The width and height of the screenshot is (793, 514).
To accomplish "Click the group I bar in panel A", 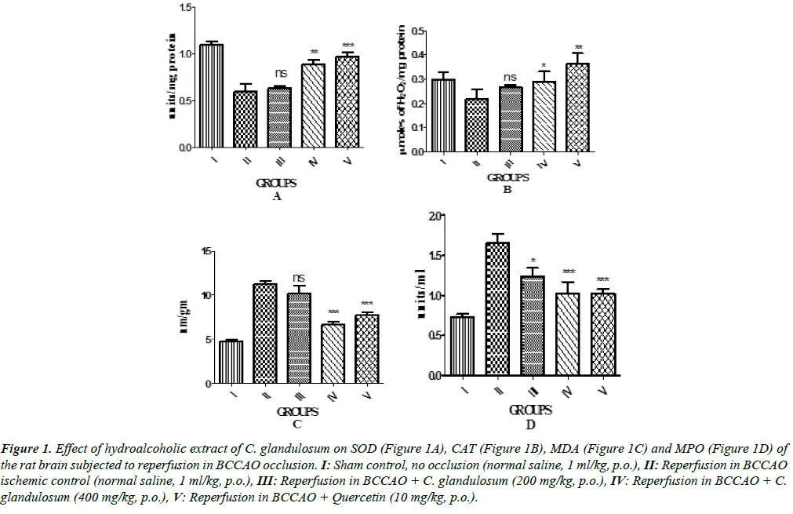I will pyautogui.click(x=211, y=96).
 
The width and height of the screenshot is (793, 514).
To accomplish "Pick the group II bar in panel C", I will pyautogui.click(x=264, y=334).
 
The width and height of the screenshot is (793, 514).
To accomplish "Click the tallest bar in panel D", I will pyautogui.click(x=497, y=309).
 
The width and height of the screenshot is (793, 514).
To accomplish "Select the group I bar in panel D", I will pyautogui.click(x=462, y=346).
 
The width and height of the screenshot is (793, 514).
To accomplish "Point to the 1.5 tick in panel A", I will pyautogui.click(x=184, y=7).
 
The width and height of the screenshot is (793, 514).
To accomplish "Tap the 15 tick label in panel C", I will pyautogui.click(x=208, y=251).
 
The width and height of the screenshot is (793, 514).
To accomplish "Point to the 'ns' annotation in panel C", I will pyautogui.click(x=299, y=278).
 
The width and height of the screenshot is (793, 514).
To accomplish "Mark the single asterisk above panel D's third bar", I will pyautogui.click(x=532, y=261).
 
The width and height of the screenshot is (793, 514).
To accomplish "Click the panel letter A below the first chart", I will pyautogui.click(x=275, y=198).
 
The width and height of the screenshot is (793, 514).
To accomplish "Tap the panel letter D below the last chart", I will pyautogui.click(x=530, y=425).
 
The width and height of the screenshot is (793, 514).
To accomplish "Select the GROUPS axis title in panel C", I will pyautogui.click(x=297, y=411).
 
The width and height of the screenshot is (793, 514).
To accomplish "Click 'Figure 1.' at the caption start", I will pyautogui.click(x=27, y=450).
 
